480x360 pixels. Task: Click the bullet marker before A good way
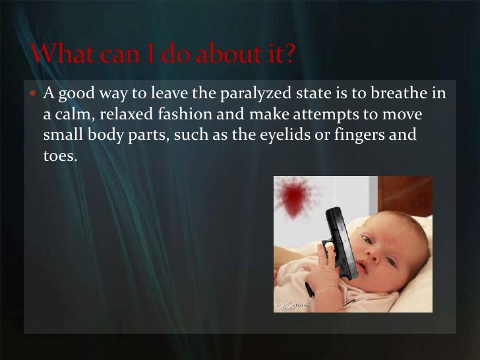click(36, 95)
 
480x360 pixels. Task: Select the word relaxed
click(130, 116)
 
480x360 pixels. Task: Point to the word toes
click(60, 158)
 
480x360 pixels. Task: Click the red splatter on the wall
click(296, 197)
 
